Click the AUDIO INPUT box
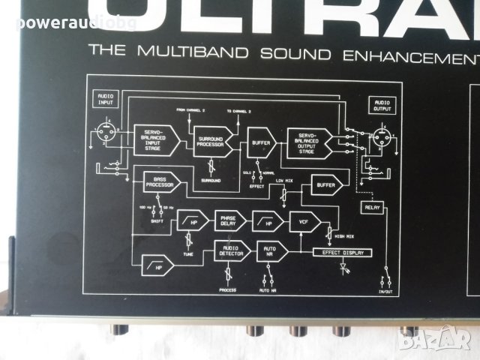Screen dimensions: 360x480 click(x=104, y=97)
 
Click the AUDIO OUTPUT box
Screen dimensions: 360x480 click(x=381, y=105)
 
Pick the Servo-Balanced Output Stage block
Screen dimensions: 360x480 click(x=309, y=142)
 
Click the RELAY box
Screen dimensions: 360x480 click(x=371, y=207)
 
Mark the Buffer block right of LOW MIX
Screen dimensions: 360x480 click(x=326, y=184)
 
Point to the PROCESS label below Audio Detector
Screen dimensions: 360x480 click(x=228, y=289)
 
